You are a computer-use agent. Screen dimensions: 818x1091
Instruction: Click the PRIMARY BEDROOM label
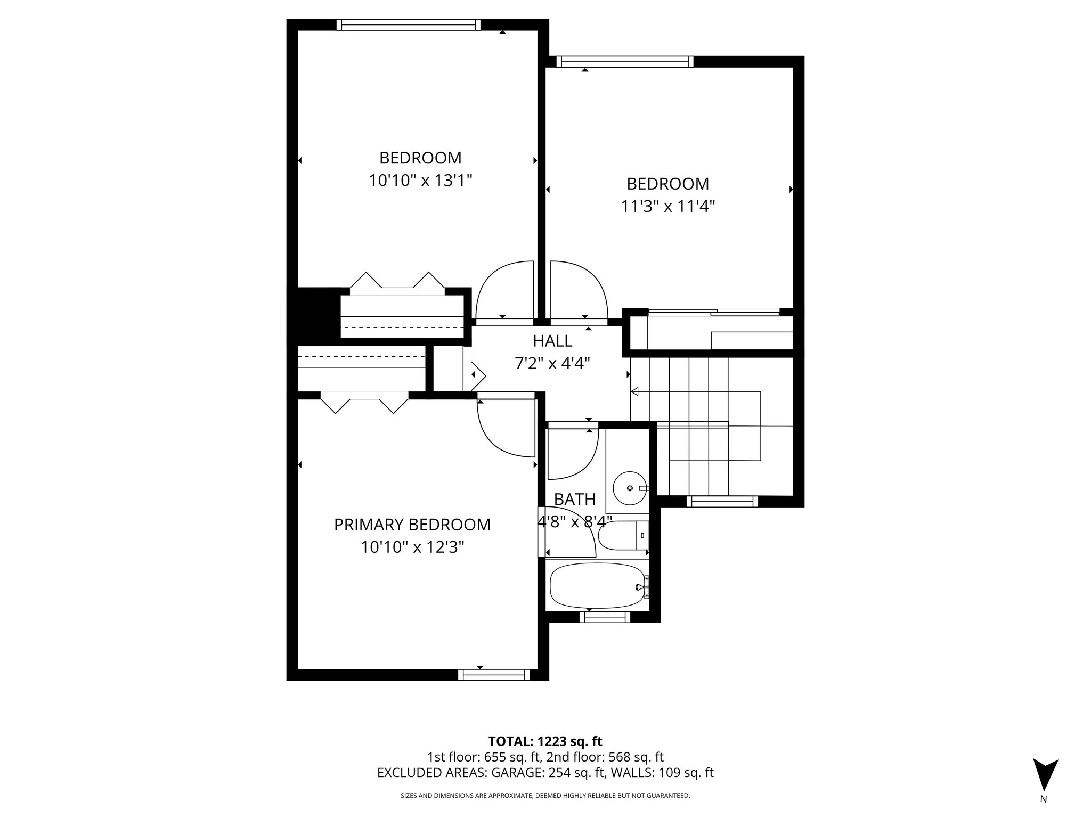(x=412, y=525)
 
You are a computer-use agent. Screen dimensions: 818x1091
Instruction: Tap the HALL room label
(x=552, y=341)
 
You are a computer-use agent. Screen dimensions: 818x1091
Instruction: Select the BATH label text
(x=574, y=499)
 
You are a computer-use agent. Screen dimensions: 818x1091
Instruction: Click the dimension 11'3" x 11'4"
(x=667, y=206)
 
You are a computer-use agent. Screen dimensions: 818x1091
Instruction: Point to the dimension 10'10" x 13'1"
(x=420, y=181)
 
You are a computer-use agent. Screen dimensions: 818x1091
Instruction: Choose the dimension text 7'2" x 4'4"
(x=552, y=364)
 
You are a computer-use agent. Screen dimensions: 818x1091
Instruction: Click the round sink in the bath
(x=630, y=488)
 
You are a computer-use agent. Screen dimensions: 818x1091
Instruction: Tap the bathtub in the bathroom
(x=597, y=586)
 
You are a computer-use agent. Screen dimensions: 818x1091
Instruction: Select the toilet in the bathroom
(x=621, y=536)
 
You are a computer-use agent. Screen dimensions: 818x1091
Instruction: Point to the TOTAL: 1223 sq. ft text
(x=545, y=741)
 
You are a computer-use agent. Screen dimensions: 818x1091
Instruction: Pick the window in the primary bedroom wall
(x=494, y=675)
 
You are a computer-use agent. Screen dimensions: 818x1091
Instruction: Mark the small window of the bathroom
(x=604, y=617)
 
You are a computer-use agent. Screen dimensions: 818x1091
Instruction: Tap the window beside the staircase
(x=722, y=501)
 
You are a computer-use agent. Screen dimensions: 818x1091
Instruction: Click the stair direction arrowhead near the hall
(x=634, y=392)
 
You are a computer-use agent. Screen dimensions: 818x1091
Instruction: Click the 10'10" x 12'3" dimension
(x=412, y=547)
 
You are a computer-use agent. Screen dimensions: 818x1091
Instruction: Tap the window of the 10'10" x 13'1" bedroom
(x=409, y=24)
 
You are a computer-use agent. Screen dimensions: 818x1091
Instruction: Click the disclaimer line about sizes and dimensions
(x=545, y=796)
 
